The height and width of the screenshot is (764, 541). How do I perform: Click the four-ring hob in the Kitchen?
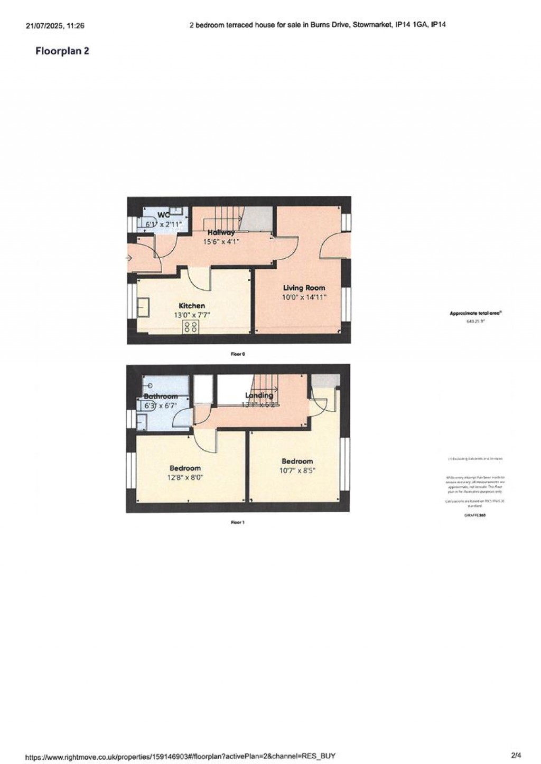pyautogui.click(x=191, y=327)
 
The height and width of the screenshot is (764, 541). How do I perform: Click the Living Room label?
pyautogui.click(x=304, y=288)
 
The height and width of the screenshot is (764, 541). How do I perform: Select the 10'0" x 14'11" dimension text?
pyautogui.click(x=304, y=297)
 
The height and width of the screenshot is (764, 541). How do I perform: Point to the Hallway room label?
pyautogui.click(x=221, y=232)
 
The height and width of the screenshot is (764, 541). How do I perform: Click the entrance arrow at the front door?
pyautogui.click(x=129, y=258)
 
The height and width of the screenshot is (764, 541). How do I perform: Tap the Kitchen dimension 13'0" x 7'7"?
pyautogui.click(x=192, y=315)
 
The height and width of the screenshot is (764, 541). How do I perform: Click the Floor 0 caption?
pyautogui.click(x=238, y=354)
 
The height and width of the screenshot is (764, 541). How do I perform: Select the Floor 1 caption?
pyautogui.click(x=238, y=522)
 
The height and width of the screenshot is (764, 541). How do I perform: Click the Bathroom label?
pyautogui.click(x=161, y=396)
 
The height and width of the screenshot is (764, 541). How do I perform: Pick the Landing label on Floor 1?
pyautogui.click(x=259, y=395)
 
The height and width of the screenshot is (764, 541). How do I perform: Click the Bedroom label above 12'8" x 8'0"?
pyautogui.click(x=185, y=468)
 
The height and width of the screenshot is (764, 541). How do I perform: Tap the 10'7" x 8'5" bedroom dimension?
pyautogui.click(x=297, y=470)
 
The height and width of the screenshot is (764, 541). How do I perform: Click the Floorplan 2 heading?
pyautogui.click(x=62, y=51)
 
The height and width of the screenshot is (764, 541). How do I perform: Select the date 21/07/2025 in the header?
pyautogui.click(x=44, y=25)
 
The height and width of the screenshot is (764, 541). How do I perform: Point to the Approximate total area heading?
pyautogui.click(x=475, y=313)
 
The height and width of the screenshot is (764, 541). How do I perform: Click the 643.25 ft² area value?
pyautogui.click(x=475, y=320)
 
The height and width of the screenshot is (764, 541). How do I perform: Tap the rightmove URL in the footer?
pyautogui.click(x=180, y=756)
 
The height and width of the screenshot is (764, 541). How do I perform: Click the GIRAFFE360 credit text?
pyautogui.click(x=475, y=515)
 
